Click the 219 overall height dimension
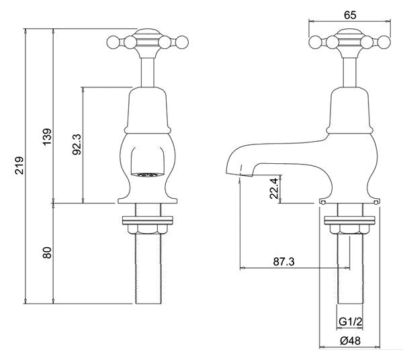[x=19, y=165]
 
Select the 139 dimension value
[x=47, y=136]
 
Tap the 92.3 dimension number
[x=77, y=144]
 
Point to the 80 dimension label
[x=47, y=253]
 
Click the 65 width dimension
[x=350, y=15]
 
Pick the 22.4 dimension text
[x=274, y=188]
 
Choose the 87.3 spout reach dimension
[x=283, y=262]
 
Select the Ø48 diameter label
[x=350, y=341]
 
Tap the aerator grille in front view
[x=147, y=175]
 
